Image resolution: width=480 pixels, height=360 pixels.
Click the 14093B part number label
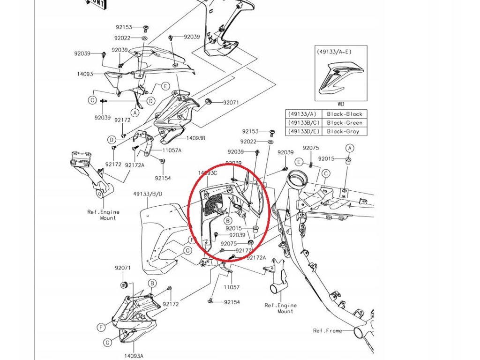(196, 138)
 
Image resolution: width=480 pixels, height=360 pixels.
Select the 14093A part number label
(134, 356)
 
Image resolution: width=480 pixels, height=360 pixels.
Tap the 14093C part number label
(208, 173)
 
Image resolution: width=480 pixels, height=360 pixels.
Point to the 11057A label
(172, 150)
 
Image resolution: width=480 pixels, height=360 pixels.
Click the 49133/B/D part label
(148, 194)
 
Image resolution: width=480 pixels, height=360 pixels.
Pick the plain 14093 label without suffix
(85, 74)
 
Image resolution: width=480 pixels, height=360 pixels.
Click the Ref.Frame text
(327, 331)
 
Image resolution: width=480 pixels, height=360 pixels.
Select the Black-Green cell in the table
(345, 123)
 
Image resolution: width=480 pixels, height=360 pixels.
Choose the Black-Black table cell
(345, 114)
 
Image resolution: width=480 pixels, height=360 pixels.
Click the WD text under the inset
(341, 105)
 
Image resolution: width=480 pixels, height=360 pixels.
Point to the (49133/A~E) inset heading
(333, 52)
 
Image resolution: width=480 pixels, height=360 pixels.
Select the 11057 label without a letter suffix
(231, 287)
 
